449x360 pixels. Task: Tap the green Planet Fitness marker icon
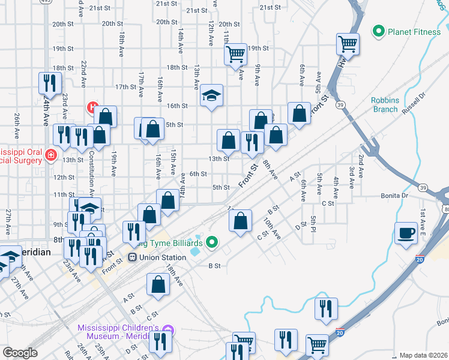pyautogui.click(x=379, y=31)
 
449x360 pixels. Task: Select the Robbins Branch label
pyautogui.click(x=384, y=104)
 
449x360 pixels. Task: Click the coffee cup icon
pyautogui.click(x=406, y=232)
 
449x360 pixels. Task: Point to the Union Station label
pyautogui.click(x=162, y=257)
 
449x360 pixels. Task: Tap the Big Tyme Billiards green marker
pyautogui.click(x=211, y=242)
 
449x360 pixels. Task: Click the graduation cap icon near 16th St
pyautogui.click(x=211, y=94)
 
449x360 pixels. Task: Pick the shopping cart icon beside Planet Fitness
pyautogui.click(x=348, y=43)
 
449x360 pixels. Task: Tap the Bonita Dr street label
pyautogui.click(x=394, y=196)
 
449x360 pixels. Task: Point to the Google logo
pyautogui.click(x=20, y=353)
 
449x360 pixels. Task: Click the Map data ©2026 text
pyautogui.click(x=423, y=355)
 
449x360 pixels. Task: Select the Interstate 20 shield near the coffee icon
pyautogui.click(x=420, y=258)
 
